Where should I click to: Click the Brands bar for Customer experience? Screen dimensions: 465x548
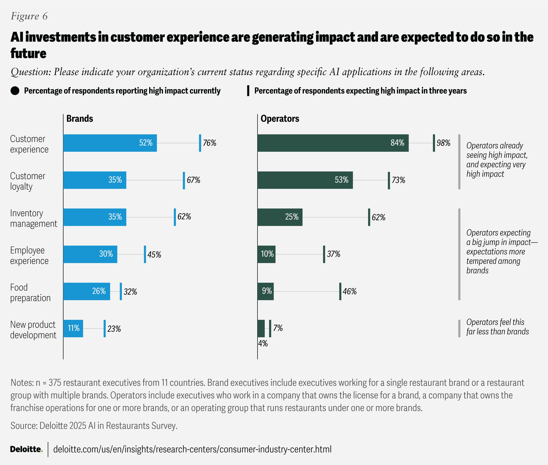click(x=110, y=143)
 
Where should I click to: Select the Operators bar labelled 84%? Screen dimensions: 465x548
click(x=333, y=143)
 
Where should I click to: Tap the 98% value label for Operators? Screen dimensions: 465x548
click(x=443, y=143)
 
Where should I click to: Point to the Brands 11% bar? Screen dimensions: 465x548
click(x=73, y=328)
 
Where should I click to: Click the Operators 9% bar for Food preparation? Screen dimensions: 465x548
click(x=266, y=291)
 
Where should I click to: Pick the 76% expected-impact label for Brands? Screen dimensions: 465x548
click(x=209, y=143)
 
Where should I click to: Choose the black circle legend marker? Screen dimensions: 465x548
click(x=15, y=91)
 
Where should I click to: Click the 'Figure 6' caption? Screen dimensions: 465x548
click(x=29, y=16)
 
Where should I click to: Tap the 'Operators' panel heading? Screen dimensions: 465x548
click(x=280, y=119)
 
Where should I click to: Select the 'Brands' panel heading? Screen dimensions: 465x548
click(x=80, y=119)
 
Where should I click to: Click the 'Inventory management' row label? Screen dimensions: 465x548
click(x=34, y=218)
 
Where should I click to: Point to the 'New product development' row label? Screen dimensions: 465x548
click(x=33, y=329)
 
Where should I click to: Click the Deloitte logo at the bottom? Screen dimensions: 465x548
click(x=26, y=449)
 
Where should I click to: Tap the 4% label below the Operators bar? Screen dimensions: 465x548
click(x=263, y=343)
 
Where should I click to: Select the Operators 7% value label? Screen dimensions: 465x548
click(x=278, y=328)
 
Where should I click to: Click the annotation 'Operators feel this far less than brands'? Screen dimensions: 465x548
click(x=497, y=327)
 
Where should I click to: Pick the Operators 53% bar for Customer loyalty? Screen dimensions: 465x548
click(x=305, y=180)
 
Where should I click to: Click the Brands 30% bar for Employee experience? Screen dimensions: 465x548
click(x=90, y=254)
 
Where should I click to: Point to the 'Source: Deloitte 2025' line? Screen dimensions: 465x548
click(x=94, y=426)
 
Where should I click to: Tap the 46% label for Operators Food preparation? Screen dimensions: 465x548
click(x=349, y=291)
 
